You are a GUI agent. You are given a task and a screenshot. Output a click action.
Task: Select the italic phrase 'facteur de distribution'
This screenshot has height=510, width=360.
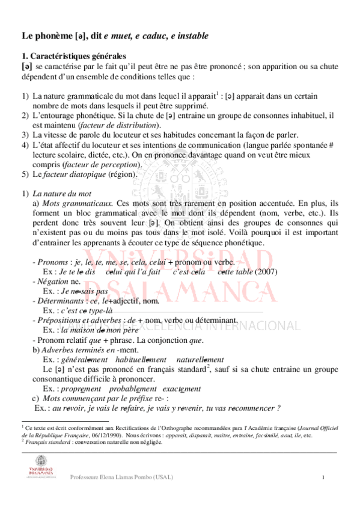[118, 124]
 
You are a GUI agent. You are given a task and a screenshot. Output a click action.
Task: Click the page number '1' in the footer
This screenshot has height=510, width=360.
[323, 478]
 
